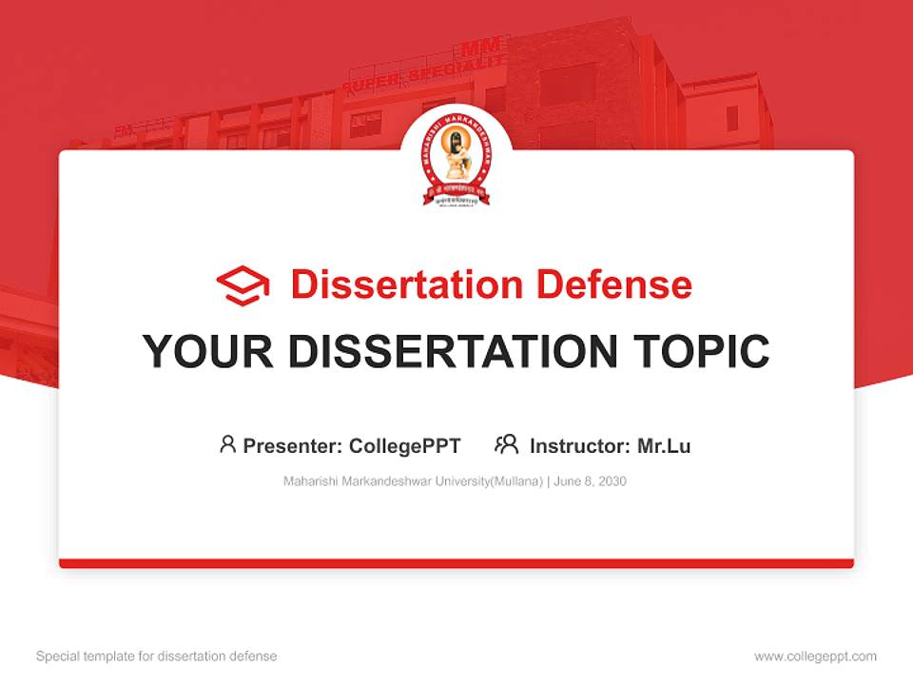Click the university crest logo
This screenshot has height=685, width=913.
[x=456, y=163]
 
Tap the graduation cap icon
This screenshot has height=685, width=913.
[x=243, y=285]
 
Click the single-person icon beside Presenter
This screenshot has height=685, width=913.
[x=227, y=444]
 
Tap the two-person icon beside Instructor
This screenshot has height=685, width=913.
[x=506, y=444]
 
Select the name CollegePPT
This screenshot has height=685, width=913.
[x=405, y=445]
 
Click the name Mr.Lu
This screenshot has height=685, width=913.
[x=663, y=445]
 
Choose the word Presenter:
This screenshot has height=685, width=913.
[x=293, y=445]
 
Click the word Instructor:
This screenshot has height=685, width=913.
[x=579, y=445]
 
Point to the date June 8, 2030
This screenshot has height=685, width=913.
[x=590, y=481]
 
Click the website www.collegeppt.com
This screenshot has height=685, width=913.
[x=815, y=656]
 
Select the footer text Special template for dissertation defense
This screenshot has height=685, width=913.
[x=157, y=656]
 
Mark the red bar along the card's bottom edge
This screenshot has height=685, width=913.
[x=456, y=563]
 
